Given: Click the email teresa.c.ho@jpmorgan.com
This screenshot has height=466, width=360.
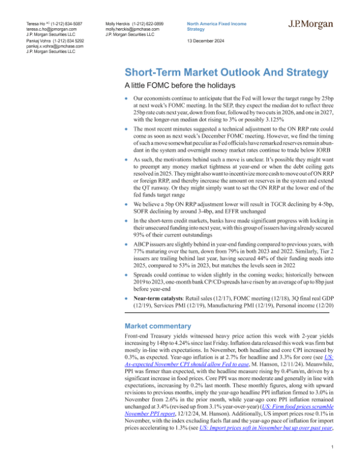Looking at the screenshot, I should pyautogui.click(x=46, y=28).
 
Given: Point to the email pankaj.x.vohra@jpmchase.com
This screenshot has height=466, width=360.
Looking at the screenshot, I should pyautogui.click(x=50, y=46).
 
